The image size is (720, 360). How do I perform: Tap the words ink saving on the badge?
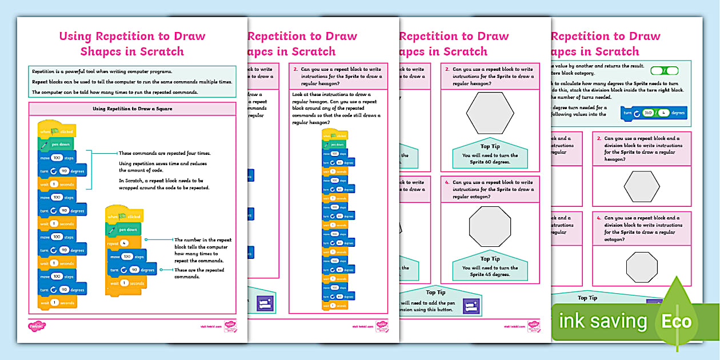(602, 321)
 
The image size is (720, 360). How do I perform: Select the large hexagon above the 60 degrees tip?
(490, 112)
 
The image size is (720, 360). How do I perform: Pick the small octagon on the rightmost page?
(641, 267)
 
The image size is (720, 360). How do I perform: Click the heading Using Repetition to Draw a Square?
(132, 109)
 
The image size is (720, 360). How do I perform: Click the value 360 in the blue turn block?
(648, 113)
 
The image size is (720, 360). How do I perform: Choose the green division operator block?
(665, 71)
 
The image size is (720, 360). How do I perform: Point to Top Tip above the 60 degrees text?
(490, 146)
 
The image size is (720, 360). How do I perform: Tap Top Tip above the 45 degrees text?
(490, 259)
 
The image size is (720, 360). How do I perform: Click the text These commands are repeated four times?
(164, 153)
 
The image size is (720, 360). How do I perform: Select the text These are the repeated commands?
(199, 273)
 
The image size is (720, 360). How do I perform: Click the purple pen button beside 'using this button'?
(471, 306)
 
